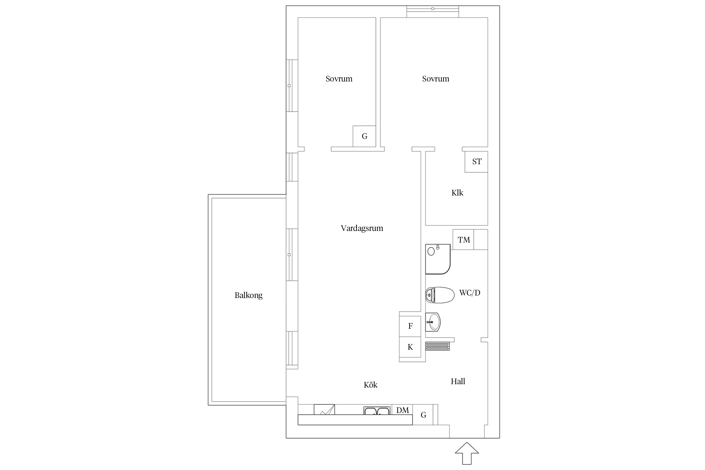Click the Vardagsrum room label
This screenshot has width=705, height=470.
(x=362, y=228)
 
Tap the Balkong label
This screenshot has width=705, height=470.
(x=248, y=295)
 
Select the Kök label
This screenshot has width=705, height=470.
(x=370, y=385)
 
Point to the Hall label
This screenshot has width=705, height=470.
(x=458, y=381)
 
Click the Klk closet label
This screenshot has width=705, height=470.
(x=457, y=193)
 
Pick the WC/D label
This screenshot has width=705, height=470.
(x=470, y=293)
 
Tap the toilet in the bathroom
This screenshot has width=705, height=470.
(x=440, y=295)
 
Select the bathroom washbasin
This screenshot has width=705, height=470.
(x=433, y=322)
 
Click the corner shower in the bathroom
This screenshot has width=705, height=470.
(x=438, y=259)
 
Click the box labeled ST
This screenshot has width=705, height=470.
(x=476, y=162)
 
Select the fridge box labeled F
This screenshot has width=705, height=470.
(x=410, y=326)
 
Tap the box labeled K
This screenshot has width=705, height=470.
(x=410, y=347)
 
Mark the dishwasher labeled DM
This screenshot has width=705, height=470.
(x=402, y=410)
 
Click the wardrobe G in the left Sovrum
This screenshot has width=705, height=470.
(x=364, y=136)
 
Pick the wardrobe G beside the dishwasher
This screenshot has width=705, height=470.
(x=423, y=415)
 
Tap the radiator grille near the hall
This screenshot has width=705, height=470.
(x=437, y=346)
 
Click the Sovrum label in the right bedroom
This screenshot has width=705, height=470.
(x=436, y=79)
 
